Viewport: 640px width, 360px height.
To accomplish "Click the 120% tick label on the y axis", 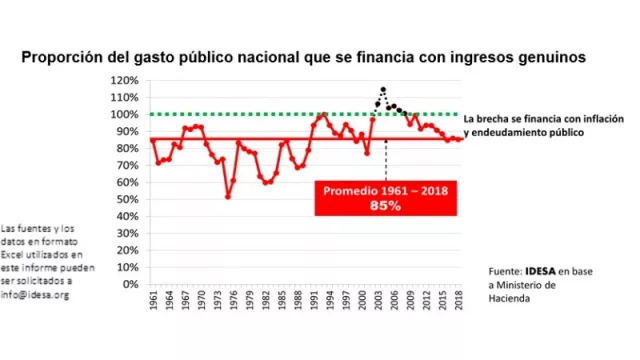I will point(126,80).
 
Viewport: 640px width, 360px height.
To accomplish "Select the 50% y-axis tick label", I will point(128,199).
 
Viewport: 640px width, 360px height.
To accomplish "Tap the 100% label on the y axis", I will point(126,114).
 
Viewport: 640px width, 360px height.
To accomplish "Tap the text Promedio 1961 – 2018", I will point(382,189).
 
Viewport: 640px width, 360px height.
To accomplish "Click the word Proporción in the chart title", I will point(67,58).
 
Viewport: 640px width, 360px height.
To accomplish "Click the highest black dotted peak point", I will point(383,89).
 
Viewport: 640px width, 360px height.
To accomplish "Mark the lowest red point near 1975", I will point(228,196).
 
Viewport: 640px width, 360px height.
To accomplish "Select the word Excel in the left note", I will point(19,255).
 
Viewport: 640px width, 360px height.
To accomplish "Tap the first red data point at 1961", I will point(152,140).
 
